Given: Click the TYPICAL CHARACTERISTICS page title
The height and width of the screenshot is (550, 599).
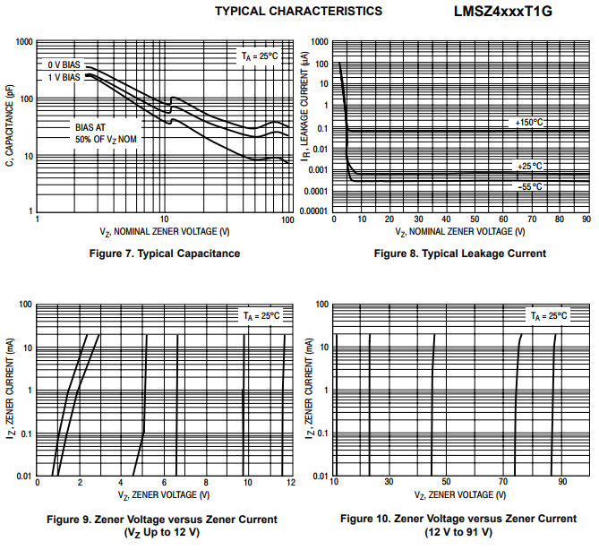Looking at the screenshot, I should [299, 12].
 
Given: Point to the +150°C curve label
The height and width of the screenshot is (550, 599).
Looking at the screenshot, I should [528, 123].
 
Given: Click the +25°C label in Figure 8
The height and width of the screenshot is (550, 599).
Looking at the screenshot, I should [529, 166].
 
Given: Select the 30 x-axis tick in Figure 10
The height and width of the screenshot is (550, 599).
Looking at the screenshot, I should [389, 483].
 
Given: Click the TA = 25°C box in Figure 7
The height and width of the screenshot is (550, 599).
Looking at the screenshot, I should [261, 56].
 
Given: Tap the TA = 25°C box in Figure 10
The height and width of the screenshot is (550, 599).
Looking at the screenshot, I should [549, 316].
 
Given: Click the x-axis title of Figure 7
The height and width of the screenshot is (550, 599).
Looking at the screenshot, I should [165, 231].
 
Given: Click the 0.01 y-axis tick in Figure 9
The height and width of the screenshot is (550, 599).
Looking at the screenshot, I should [23, 476].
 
